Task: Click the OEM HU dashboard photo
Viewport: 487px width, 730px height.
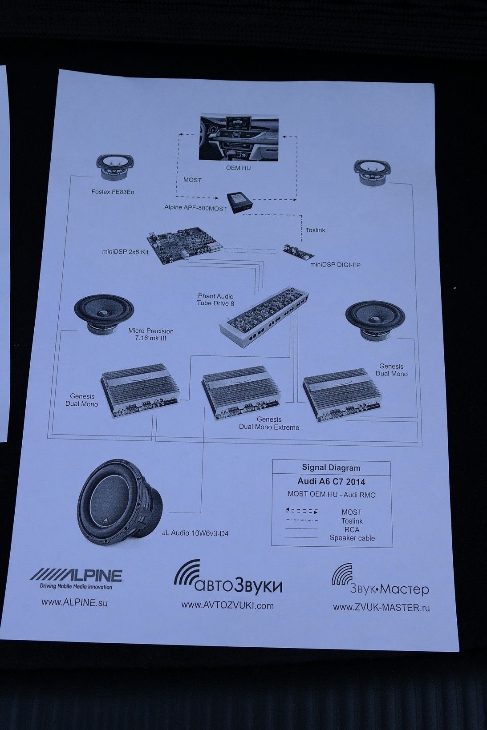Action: click(x=239, y=137)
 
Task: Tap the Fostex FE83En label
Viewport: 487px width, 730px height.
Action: click(x=113, y=192)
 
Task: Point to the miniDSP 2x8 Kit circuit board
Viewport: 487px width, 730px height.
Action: click(x=184, y=246)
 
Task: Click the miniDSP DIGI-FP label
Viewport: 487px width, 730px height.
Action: click(x=335, y=265)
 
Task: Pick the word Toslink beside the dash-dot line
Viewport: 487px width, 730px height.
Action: click(x=315, y=230)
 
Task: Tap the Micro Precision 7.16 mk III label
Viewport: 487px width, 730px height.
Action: click(x=151, y=335)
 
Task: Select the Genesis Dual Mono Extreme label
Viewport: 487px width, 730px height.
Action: click(x=269, y=423)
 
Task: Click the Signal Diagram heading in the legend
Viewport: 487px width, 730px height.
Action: click(x=331, y=468)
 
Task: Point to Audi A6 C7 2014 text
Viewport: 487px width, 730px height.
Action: click(x=331, y=481)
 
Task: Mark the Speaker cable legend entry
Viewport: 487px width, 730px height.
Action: click(x=352, y=538)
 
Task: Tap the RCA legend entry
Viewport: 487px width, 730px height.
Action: click(x=352, y=529)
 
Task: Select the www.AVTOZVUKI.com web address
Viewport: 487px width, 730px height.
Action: click(x=227, y=605)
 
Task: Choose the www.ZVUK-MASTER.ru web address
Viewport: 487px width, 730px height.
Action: click(x=381, y=607)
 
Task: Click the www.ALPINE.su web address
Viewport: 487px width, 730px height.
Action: click(x=75, y=602)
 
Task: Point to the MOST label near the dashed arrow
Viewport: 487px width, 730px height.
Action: click(x=192, y=180)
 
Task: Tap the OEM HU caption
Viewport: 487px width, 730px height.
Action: click(x=239, y=168)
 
